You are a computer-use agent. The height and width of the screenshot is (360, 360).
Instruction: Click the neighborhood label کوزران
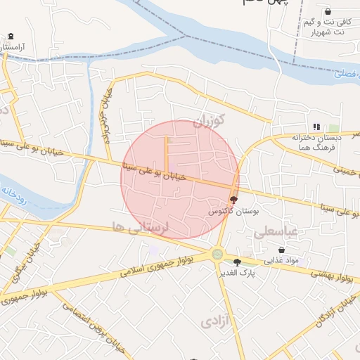(209, 121)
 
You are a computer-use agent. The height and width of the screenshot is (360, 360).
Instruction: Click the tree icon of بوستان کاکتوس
(233, 200)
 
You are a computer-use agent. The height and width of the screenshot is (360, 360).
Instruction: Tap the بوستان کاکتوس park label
(234, 211)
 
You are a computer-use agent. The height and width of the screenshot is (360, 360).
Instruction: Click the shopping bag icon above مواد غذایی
(281, 250)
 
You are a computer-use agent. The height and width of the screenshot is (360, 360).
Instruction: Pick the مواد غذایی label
(281, 260)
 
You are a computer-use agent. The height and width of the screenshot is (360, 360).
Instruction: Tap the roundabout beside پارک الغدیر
(217, 255)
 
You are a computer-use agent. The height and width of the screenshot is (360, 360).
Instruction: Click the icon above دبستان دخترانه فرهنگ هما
(316, 127)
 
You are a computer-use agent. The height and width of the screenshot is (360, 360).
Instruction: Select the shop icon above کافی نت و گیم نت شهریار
(328, 12)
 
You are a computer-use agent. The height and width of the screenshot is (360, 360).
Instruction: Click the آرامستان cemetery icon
(10, 37)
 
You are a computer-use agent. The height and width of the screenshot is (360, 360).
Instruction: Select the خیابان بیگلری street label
(26, 264)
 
